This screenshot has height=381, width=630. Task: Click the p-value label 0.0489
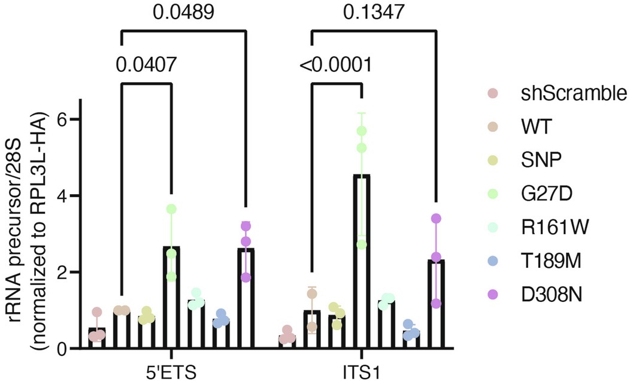[183, 12]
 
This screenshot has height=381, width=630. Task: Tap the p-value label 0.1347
[373, 12]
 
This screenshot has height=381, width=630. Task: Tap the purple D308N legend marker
[492, 295]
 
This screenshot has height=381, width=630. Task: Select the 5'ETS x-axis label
[173, 367]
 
